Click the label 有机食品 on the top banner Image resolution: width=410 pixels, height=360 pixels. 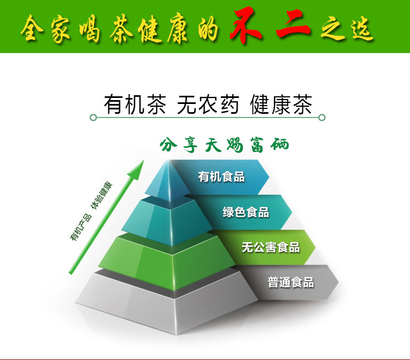pos(221,177)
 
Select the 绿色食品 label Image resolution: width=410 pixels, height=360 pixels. pos(246,212)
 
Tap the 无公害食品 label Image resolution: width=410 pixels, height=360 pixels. pos(271,247)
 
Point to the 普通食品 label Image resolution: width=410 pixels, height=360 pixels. pos(290,282)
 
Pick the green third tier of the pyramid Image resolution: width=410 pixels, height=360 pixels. pos(170,262)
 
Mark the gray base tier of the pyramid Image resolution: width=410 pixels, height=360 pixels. pos(167,304)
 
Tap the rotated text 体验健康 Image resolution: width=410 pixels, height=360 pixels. pos(102,195)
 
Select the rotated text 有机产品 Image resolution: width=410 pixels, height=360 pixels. pos(81,227)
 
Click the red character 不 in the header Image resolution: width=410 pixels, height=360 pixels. pos(245,25)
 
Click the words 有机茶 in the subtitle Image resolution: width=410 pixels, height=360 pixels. pos(135,104)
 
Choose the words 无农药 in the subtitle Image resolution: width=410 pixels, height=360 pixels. pos(208,104)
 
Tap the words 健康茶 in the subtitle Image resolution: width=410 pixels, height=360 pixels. pos(281,104)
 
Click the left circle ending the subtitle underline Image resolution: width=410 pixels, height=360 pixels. pos(93,118)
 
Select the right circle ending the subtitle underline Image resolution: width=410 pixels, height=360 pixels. pos(322,118)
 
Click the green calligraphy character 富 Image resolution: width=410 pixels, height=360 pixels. pos(257,144)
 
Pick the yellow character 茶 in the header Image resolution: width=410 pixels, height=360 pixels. pos(121,28)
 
